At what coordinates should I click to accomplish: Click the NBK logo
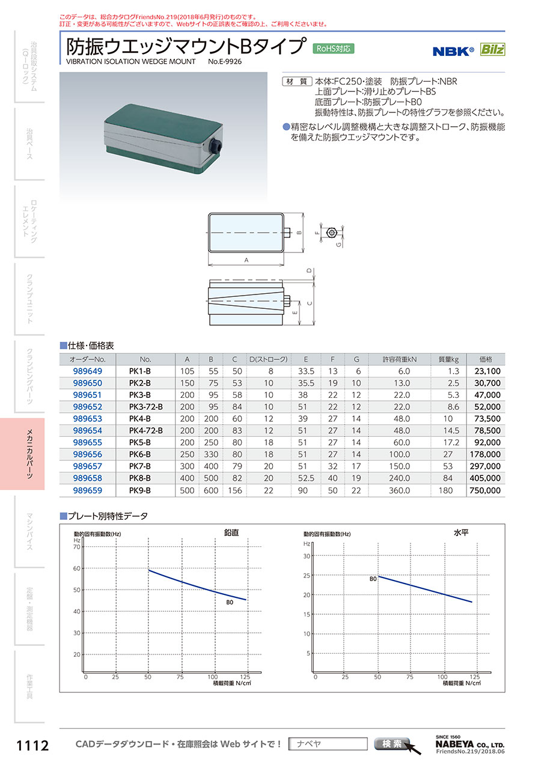[x=453, y=51]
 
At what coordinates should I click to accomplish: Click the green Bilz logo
[x=492, y=49]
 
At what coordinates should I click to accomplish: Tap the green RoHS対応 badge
[x=334, y=49]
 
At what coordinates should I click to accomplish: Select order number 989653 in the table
[x=87, y=419]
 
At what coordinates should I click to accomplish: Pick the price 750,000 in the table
[x=485, y=490]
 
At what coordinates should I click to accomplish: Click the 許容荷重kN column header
[x=399, y=359]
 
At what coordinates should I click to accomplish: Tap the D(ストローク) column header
[x=269, y=359]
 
